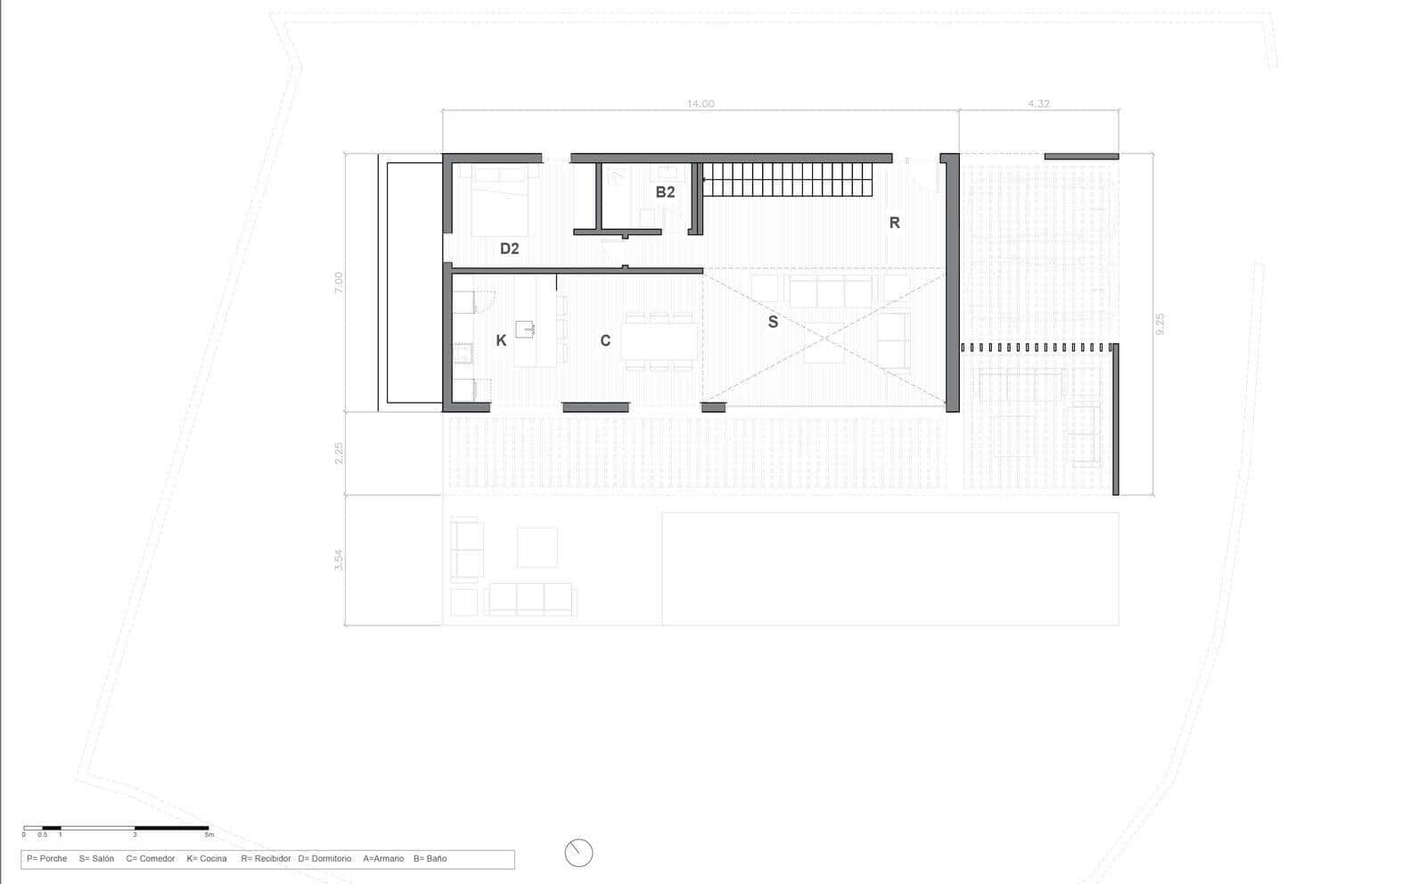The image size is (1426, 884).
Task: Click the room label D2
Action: [x=509, y=249]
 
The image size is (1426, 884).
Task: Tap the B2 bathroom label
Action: [x=665, y=192]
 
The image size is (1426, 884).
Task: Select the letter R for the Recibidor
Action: [x=894, y=223]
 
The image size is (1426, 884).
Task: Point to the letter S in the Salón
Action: [x=773, y=323]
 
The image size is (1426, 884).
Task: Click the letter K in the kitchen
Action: [x=501, y=340]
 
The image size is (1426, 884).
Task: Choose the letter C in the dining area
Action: [x=605, y=340]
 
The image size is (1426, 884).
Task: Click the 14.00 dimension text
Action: [x=700, y=104]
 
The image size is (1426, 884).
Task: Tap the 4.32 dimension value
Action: [x=1038, y=104]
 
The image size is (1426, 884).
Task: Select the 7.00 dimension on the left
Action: [x=338, y=282]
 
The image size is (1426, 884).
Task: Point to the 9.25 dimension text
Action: [x=1160, y=323]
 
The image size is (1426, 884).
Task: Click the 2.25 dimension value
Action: [x=339, y=454]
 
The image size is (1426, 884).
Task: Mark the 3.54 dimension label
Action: [x=339, y=560]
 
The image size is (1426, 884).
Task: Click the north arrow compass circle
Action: [x=578, y=853]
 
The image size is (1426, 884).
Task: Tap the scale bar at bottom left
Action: [x=116, y=829]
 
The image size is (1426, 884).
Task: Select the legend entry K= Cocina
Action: [x=207, y=859]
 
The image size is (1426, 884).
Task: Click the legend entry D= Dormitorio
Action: [x=324, y=859]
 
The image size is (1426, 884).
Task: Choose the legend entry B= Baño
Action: [x=430, y=859]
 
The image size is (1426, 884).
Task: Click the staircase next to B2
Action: [x=787, y=180]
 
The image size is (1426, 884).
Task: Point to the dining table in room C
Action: [x=660, y=340]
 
